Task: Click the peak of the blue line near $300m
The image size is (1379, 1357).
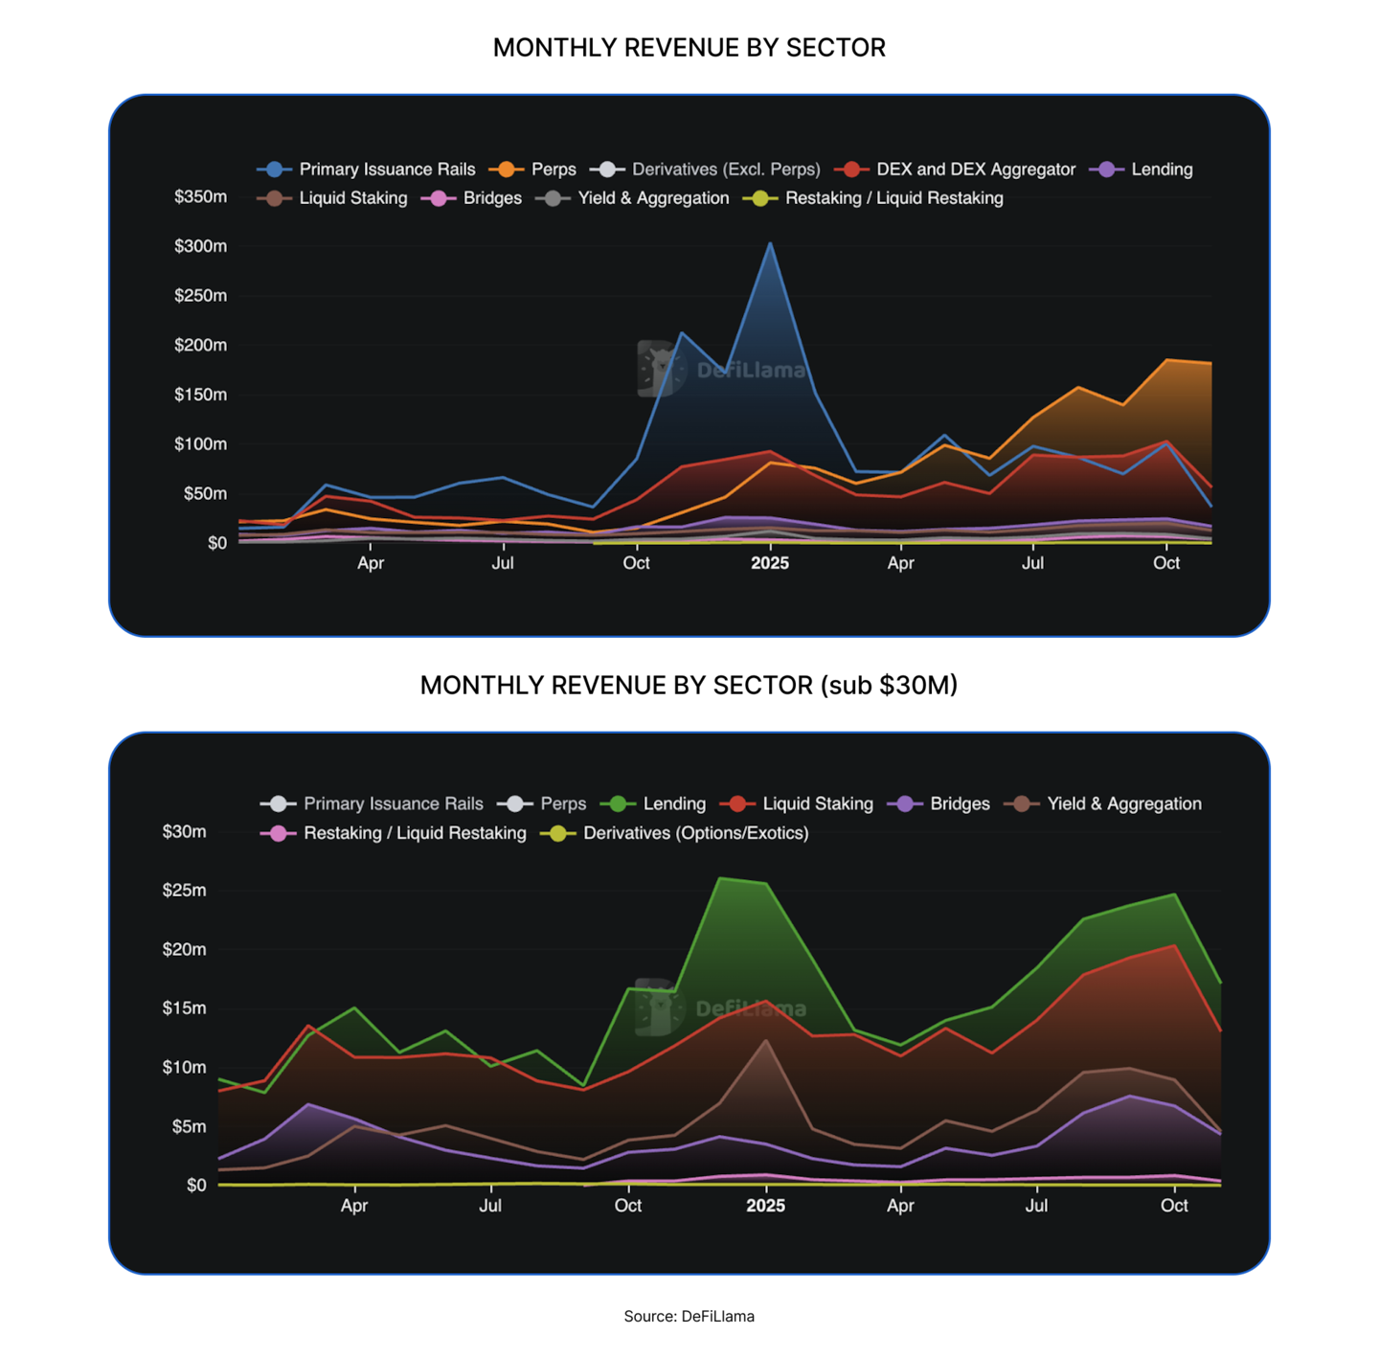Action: point(770,244)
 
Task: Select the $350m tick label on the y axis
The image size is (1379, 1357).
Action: point(200,196)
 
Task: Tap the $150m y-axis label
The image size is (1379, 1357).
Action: point(200,395)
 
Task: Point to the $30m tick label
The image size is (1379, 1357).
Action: point(184,831)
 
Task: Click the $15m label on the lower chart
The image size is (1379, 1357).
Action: point(184,1007)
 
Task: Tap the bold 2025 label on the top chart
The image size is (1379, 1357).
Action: point(770,563)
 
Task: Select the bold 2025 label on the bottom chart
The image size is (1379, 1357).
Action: point(765,1206)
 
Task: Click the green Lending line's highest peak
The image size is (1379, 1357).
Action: point(720,878)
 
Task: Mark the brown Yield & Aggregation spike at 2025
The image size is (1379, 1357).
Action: point(765,1040)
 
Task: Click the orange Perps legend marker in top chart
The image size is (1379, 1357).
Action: point(507,170)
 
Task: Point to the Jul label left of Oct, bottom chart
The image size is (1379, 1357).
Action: point(489,1206)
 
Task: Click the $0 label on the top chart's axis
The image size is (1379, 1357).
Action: point(217,543)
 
